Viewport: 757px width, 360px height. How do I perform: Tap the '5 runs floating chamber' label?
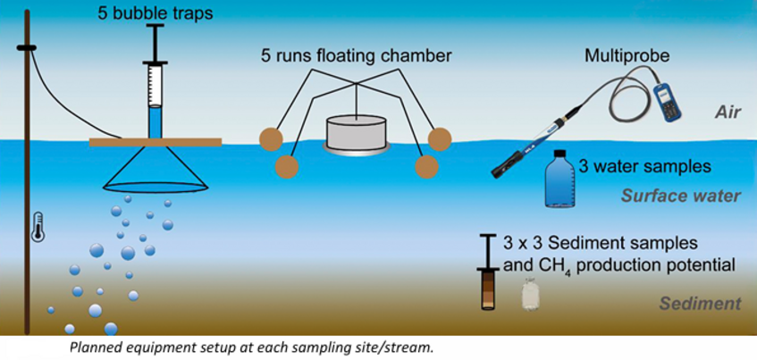click(x=356, y=55)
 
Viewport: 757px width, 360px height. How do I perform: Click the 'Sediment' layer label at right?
click(x=700, y=304)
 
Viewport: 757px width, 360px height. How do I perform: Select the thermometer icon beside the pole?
click(x=37, y=227)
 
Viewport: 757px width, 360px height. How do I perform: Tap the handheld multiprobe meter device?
click(x=665, y=99)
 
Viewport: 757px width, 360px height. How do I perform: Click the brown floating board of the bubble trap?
click(x=156, y=141)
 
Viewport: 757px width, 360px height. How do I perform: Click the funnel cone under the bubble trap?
click(x=156, y=171)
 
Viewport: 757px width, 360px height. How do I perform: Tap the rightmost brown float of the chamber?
click(x=440, y=138)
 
